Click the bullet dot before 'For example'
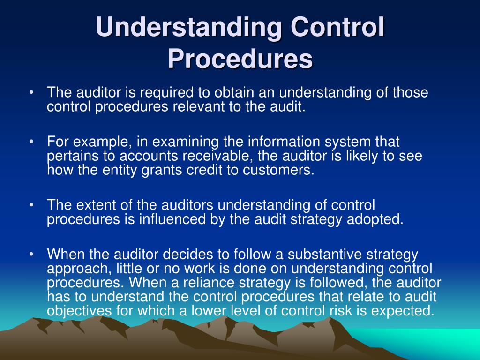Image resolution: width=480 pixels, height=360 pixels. (31, 142)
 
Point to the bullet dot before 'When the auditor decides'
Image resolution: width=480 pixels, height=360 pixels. (31, 255)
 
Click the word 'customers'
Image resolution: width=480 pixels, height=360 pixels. (277, 170)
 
